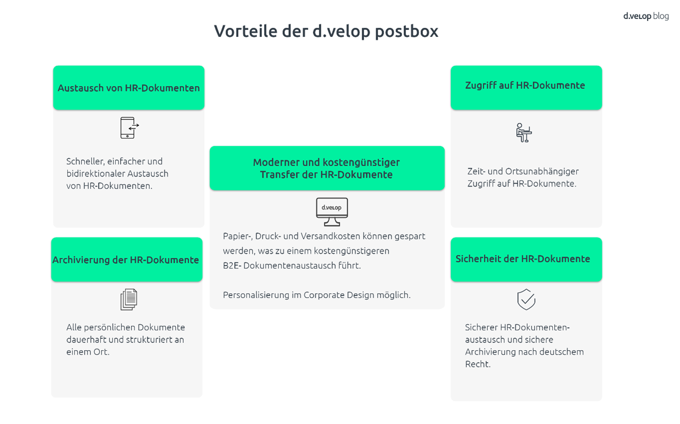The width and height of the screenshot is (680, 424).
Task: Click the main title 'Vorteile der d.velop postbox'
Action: click(326, 31)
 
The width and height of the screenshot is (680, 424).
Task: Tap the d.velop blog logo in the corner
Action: click(646, 16)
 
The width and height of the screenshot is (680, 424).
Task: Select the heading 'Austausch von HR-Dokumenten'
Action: click(129, 88)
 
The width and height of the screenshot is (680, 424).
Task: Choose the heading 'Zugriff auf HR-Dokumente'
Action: click(525, 85)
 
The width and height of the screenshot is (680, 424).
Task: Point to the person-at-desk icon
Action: click(524, 133)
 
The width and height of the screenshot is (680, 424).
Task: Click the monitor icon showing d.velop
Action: click(332, 212)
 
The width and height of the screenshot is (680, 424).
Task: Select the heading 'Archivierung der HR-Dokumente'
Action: click(126, 260)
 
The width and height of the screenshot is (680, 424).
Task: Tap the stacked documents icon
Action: click(129, 299)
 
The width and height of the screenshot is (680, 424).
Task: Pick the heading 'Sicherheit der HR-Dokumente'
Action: click(523, 259)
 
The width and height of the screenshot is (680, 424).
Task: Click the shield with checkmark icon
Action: click(526, 299)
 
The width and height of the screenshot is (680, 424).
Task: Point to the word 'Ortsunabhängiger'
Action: click(542, 172)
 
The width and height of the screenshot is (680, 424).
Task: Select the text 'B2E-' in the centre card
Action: click(232, 266)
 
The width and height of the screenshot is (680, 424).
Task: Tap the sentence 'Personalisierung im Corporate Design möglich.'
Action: click(317, 295)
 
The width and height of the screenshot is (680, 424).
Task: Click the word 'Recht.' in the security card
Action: click(478, 364)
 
